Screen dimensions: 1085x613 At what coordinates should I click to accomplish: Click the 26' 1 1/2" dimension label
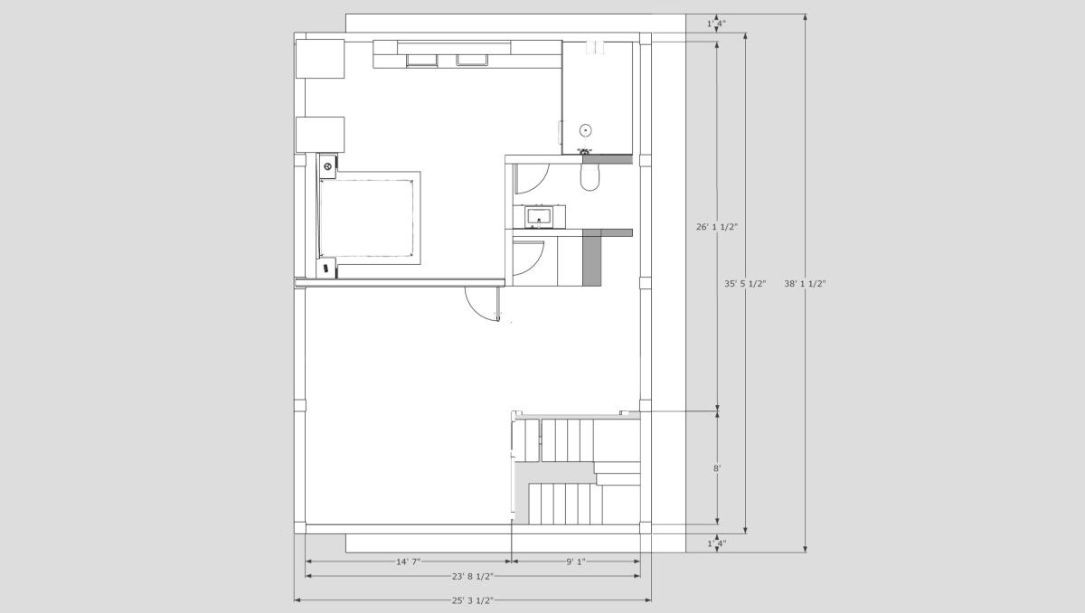(x=717, y=227)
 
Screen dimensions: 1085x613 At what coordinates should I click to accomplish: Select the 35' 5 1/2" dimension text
(x=745, y=284)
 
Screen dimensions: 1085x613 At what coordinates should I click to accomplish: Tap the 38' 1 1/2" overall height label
(x=805, y=284)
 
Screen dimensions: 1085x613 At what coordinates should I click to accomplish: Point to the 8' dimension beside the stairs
(x=717, y=468)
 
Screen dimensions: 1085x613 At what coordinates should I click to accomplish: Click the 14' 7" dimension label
(x=409, y=561)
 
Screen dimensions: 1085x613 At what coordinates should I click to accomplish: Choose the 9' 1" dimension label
(x=576, y=561)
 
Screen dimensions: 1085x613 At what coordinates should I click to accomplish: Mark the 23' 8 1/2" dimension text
(x=473, y=576)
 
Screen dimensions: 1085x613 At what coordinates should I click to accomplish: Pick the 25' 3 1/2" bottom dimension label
(x=473, y=600)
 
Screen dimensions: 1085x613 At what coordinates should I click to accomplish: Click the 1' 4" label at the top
(x=717, y=24)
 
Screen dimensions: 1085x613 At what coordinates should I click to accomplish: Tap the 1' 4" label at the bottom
(x=717, y=543)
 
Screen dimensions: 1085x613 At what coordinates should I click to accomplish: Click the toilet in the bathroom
(x=590, y=176)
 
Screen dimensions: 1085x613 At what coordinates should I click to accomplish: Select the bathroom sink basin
(x=539, y=217)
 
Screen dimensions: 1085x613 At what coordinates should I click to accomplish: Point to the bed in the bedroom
(x=367, y=218)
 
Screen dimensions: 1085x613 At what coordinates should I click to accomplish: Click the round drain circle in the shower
(x=586, y=130)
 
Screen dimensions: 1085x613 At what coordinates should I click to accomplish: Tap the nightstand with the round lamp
(x=327, y=166)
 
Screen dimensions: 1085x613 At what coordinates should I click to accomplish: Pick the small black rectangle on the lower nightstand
(x=326, y=268)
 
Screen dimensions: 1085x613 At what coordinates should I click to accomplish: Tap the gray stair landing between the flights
(x=555, y=472)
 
